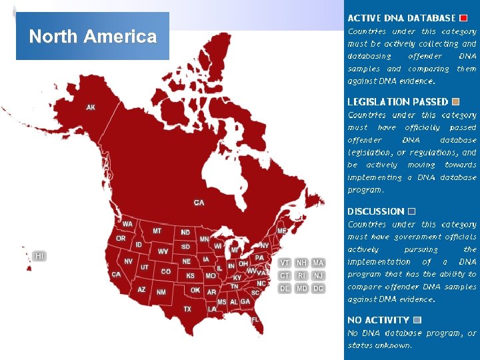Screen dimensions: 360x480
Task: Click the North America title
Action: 93,36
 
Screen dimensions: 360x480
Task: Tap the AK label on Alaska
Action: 91,107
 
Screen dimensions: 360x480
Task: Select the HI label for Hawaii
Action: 40,256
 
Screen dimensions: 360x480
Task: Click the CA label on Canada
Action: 199,202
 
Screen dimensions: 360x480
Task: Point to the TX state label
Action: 187,309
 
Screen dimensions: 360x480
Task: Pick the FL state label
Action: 255,320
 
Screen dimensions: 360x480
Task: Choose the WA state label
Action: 127,224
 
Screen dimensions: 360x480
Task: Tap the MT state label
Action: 157,231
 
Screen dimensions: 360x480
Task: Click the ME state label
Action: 281,231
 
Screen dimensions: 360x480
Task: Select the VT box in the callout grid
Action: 285,263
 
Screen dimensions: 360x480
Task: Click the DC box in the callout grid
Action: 319,289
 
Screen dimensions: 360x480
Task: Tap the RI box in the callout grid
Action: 302,275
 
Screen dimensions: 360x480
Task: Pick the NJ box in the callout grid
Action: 319,275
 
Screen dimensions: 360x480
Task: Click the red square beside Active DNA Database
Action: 463,18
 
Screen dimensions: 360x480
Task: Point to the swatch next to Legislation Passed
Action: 455,102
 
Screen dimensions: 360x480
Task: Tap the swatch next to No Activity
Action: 417,320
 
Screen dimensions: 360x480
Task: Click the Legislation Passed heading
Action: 397,102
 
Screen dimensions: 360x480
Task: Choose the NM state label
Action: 161,292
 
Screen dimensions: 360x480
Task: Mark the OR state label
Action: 121,238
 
